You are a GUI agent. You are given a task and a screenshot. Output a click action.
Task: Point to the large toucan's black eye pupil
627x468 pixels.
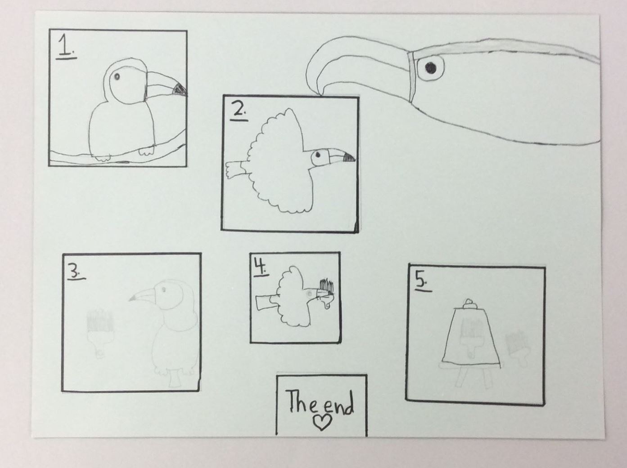[x=431, y=67]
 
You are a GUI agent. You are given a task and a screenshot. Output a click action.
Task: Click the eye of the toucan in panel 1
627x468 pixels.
[x=117, y=76]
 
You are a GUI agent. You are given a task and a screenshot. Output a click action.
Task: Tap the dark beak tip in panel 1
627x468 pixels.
[x=180, y=89]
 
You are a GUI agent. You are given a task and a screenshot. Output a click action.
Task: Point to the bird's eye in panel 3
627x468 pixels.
[x=163, y=290]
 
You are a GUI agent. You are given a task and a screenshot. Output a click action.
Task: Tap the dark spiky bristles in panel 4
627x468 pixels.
[x=327, y=285]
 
